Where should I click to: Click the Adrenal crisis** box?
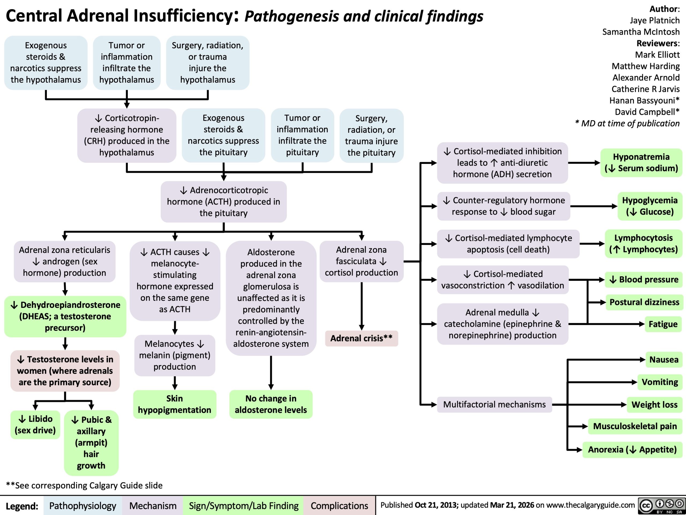[361, 338]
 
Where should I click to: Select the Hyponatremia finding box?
[641, 163]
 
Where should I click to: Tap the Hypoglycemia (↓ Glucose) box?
[650, 206]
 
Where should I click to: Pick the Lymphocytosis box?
[643, 244]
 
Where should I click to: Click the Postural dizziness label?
[644, 302]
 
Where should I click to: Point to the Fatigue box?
[663, 324]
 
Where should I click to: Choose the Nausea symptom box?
[664, 359]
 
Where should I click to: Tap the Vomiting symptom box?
[660, 382]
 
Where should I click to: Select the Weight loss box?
[654, 404]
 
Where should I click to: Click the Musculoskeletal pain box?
[635, 426]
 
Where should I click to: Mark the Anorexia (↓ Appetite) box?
[632, 449]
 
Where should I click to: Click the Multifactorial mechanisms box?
[494, 404]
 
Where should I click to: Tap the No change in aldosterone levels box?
[271, 404]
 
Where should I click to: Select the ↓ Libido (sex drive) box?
[35, 424]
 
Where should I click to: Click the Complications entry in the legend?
[339, 506]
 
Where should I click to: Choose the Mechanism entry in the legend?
[152, 506]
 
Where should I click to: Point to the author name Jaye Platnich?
[654, 20]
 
